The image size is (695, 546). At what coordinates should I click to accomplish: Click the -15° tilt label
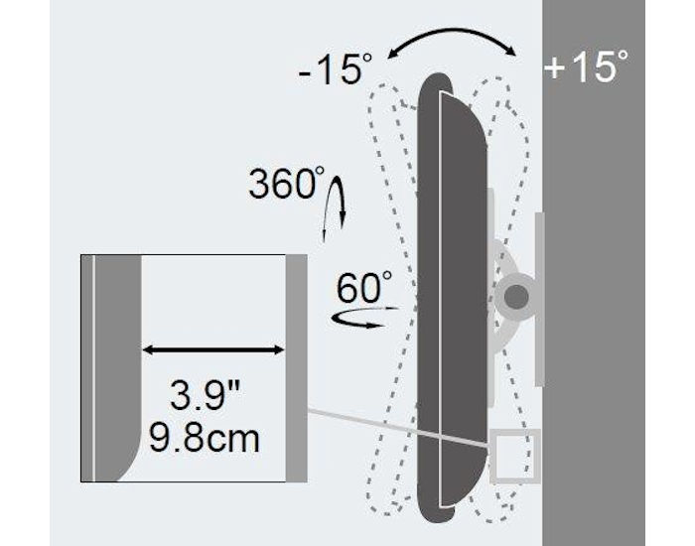336,68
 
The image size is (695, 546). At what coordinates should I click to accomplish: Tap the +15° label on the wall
586,66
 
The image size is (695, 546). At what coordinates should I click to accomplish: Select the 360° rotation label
286,183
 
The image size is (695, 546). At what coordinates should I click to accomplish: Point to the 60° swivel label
364,287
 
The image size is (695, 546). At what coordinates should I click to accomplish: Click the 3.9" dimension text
206,395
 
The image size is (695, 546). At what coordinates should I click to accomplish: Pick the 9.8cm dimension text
204,438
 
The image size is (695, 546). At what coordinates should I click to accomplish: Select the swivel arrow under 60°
364,317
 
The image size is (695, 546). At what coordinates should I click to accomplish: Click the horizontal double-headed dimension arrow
213,350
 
